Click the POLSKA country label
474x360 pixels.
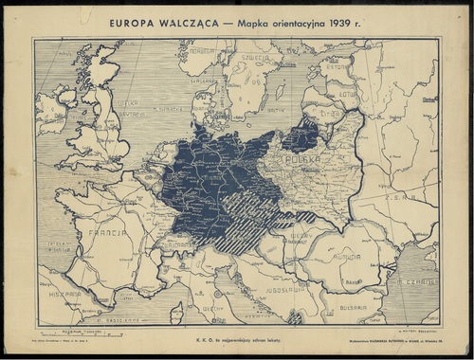[305, 162]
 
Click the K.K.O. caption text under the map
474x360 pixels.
[237, 337]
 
